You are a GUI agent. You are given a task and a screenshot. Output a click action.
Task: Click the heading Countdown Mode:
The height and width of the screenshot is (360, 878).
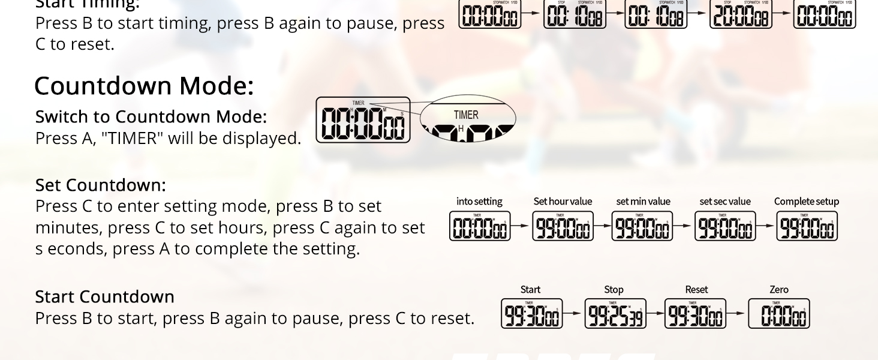(x=144, y=86)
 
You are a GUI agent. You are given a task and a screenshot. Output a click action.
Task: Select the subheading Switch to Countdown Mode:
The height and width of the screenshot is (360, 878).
(x=151, y=116)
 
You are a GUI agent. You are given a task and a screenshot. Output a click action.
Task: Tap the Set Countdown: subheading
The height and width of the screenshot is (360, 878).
(x=100, y=185)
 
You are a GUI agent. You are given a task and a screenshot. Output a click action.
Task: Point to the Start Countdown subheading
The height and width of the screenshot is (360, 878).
(x=104, y=296)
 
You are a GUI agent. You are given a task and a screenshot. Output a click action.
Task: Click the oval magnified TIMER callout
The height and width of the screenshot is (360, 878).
(x=467, y=118)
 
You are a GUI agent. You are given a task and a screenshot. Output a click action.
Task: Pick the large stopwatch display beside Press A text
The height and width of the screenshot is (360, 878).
(x=363, y=120)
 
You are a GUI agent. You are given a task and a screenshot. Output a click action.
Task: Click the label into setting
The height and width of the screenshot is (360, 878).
(x=479, y=202)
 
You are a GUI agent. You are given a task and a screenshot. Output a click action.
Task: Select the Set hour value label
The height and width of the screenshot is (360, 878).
(x=563, y=202)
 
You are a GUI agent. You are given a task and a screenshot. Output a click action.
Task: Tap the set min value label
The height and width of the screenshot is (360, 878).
(x=643, y=202)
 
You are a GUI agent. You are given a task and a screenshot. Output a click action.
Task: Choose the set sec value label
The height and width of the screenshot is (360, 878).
(x=725, y=202)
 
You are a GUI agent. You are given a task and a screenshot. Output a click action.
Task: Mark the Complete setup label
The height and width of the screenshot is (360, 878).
(x=806, y=202)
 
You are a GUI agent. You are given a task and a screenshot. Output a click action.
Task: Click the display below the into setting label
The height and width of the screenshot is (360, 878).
(x=480, y=226)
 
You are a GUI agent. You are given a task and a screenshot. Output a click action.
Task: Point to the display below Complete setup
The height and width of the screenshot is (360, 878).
(x=807, y=226)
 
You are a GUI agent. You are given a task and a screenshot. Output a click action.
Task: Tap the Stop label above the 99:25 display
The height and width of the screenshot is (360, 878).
(x=614, y=290)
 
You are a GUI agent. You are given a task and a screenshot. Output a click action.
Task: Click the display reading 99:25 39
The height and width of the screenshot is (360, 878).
(x=615, y=314)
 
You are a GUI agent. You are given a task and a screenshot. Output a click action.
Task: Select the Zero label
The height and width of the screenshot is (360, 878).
(x=778, y=290)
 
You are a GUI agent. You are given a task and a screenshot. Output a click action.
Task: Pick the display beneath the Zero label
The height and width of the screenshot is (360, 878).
(x=778, y=314)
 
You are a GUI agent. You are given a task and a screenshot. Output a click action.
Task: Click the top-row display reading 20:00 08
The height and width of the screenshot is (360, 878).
(x=741, y=15)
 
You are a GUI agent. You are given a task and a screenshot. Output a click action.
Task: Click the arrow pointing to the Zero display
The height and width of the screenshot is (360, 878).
(x=737, y=314)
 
